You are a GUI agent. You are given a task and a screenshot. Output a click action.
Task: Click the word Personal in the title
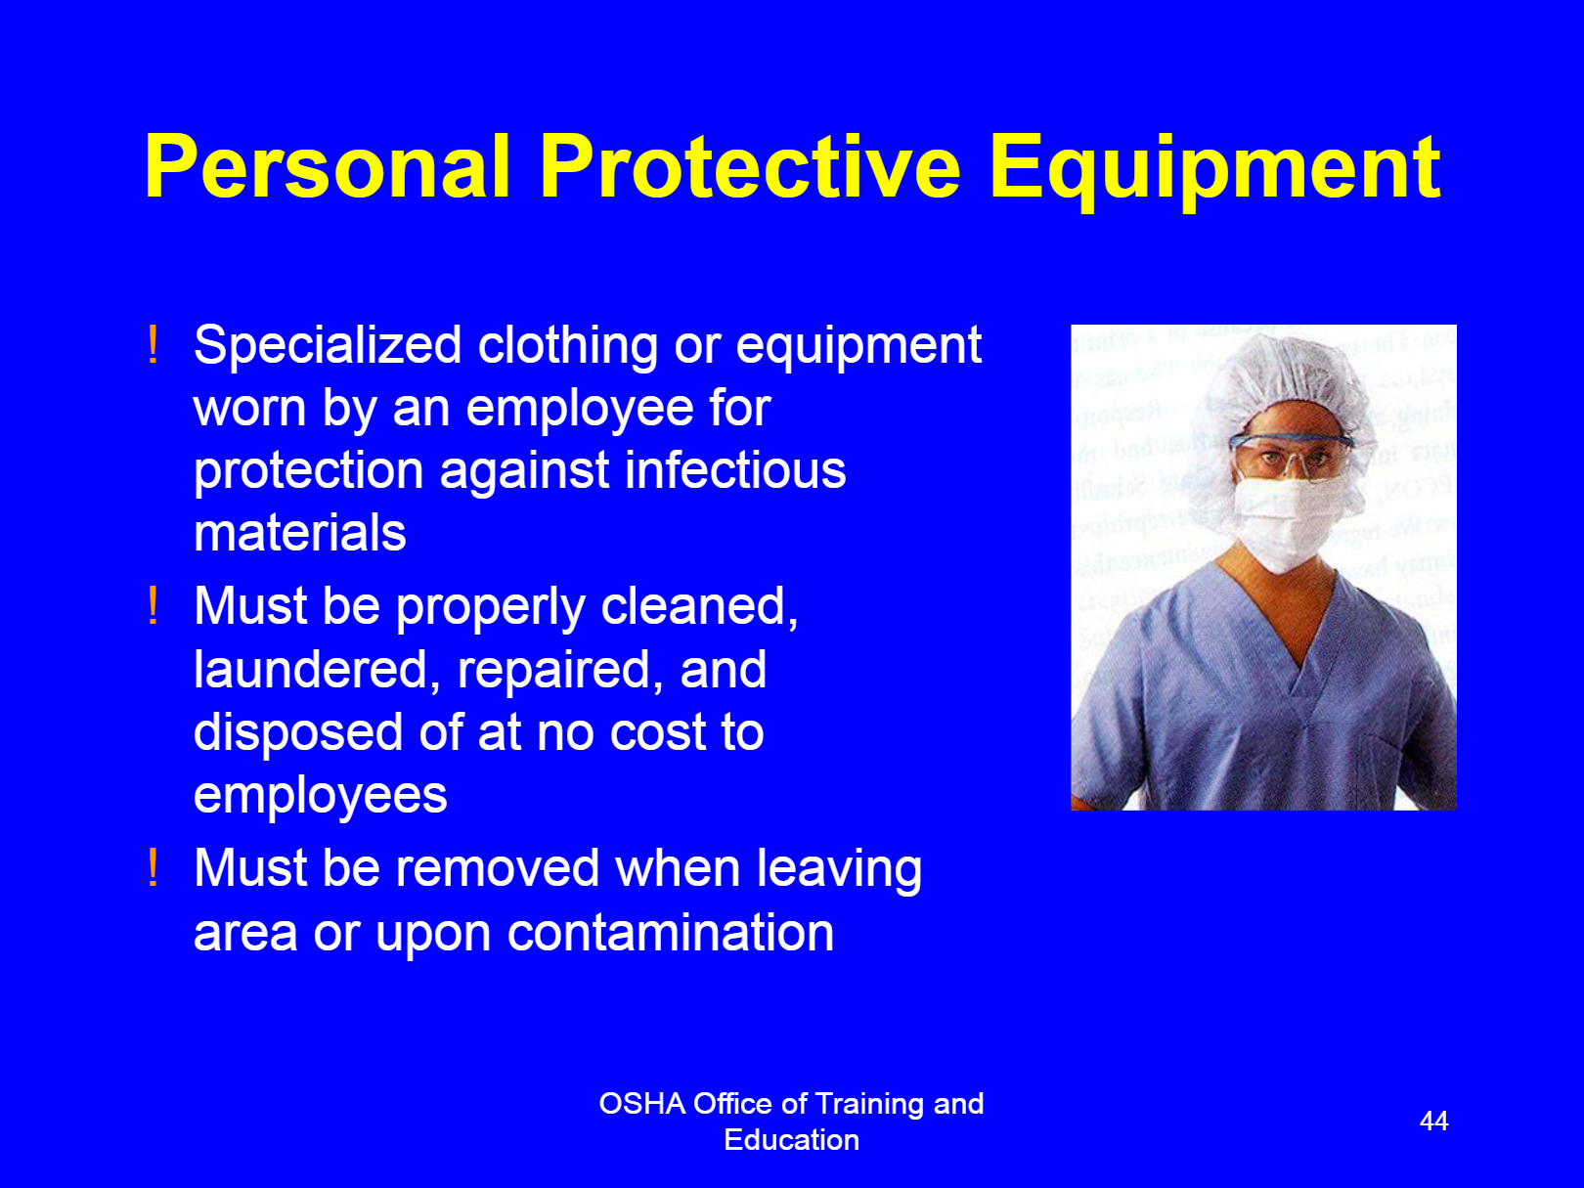(x=328, y=166)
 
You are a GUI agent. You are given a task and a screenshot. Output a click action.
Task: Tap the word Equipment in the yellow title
(x=1214, y=172)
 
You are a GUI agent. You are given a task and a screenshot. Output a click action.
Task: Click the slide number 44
(x=1433, y=1121)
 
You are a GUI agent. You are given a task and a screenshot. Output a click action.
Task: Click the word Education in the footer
(x=792, y=1140)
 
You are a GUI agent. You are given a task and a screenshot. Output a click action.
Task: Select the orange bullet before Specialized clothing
(x=153, y=345)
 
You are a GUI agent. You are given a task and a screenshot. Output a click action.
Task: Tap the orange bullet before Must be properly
(x=153, y=606)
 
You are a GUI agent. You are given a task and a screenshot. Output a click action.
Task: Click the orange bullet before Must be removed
(x=153, y=867)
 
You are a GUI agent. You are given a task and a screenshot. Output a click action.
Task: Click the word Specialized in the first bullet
(x=328, y=346)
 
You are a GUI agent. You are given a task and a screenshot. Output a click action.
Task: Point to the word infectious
(x=735, y=470)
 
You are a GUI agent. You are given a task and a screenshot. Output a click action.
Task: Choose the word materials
(x=300, y=533)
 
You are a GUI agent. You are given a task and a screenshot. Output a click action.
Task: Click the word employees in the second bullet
(x=321, y=797)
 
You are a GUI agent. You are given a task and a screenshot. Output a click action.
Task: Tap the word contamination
(x=671, y=932)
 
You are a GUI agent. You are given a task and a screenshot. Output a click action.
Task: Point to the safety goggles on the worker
(x=1292, y=453)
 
